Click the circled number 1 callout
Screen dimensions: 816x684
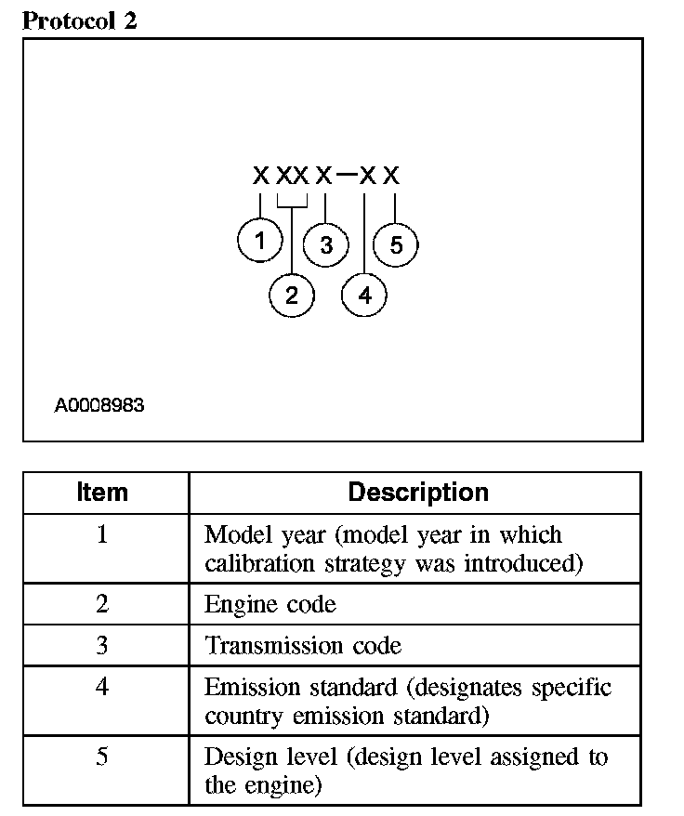pos(260,242)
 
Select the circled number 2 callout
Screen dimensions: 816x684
pos(292,296)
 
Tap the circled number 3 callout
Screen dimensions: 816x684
pos(325,245)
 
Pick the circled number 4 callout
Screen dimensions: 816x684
pos(364,296)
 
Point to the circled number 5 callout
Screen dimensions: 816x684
pos(396,245)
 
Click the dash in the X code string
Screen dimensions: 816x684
pos(346,174)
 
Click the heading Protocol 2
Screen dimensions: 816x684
pos(79,21)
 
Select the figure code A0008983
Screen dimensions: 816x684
pos(99,405)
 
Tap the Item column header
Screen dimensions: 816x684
pos(102,492)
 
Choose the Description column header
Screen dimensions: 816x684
pos(418,492)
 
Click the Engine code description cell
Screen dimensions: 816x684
pos(270,604)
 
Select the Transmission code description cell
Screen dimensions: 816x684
pos(303,645)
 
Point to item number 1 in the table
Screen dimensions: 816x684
pos(102,535)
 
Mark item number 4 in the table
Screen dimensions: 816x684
pos(102,688)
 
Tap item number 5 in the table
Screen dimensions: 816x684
pos(102,757)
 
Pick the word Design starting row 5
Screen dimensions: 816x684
pos(235,757)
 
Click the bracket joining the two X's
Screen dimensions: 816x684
pos(292,202)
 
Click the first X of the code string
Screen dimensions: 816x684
pos(261,175)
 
